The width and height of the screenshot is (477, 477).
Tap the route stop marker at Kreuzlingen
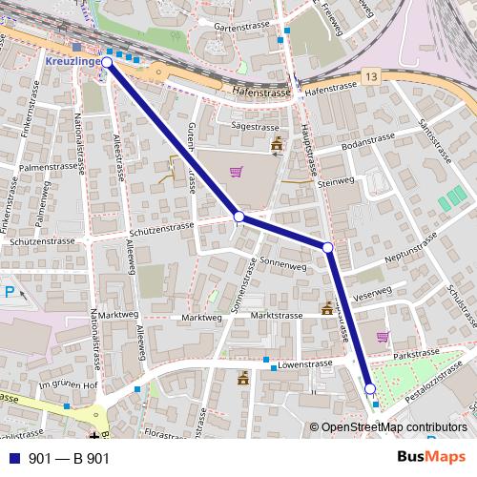pyautogui.click(x=107, y=62)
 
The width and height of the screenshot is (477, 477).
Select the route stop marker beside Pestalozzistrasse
pyautogui.click(x=370, y=388)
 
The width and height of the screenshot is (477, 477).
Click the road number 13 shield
pyautogui.click(x=370, y=75)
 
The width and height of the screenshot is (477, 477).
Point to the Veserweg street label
pyautogui.click(x=372, y=292)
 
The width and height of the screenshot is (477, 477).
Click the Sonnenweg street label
pyautogui.click(x=280, y=259)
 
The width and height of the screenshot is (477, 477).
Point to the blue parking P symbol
pyautogui.click(x=10, y=293)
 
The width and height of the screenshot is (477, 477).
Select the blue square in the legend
pyautogui.click(x=12, y=458)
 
